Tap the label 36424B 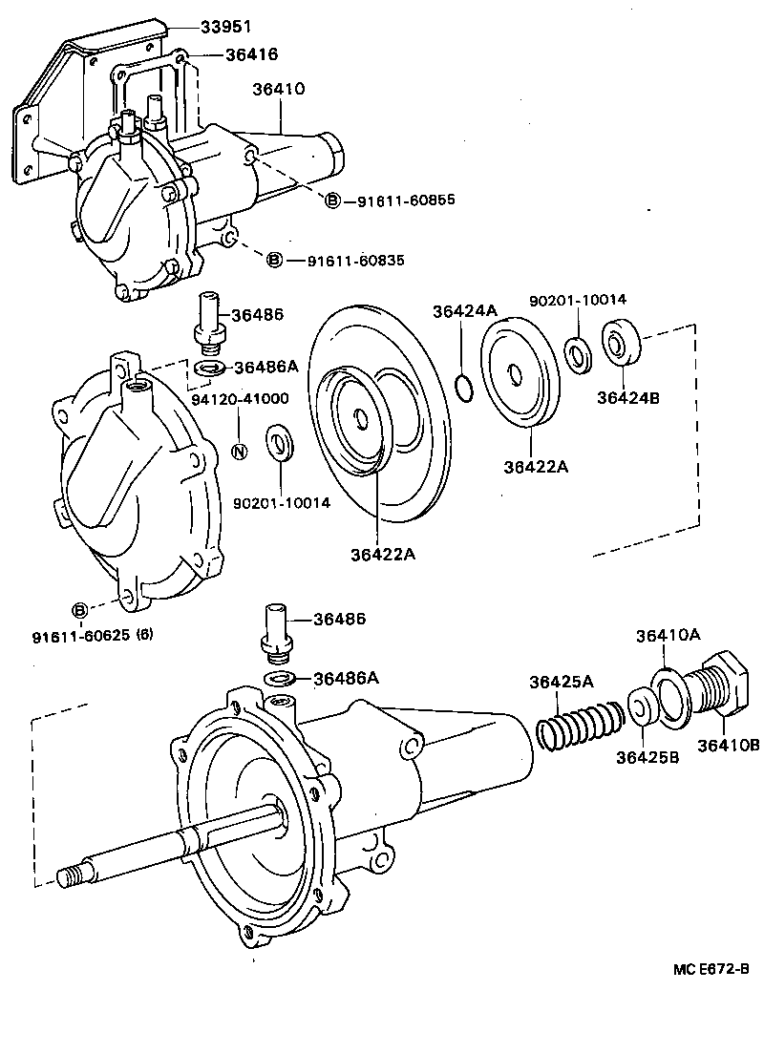627,398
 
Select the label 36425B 647,758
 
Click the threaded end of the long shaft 70,875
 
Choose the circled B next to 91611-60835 274,260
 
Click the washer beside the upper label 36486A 209,368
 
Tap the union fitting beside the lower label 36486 275,632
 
